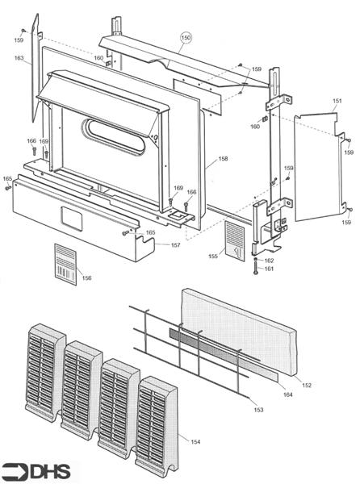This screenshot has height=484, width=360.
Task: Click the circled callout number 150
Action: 186,38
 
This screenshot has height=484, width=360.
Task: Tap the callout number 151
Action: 337,101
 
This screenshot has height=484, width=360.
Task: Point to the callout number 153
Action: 258,410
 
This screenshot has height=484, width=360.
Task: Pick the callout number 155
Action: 212,257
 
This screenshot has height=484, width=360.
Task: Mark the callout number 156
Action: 86,277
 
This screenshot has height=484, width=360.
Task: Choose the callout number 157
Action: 175,245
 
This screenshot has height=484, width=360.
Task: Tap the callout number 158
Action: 223,160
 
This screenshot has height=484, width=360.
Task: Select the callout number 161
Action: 269,269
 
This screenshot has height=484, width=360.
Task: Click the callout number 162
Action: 269,261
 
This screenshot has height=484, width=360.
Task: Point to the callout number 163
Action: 19,58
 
